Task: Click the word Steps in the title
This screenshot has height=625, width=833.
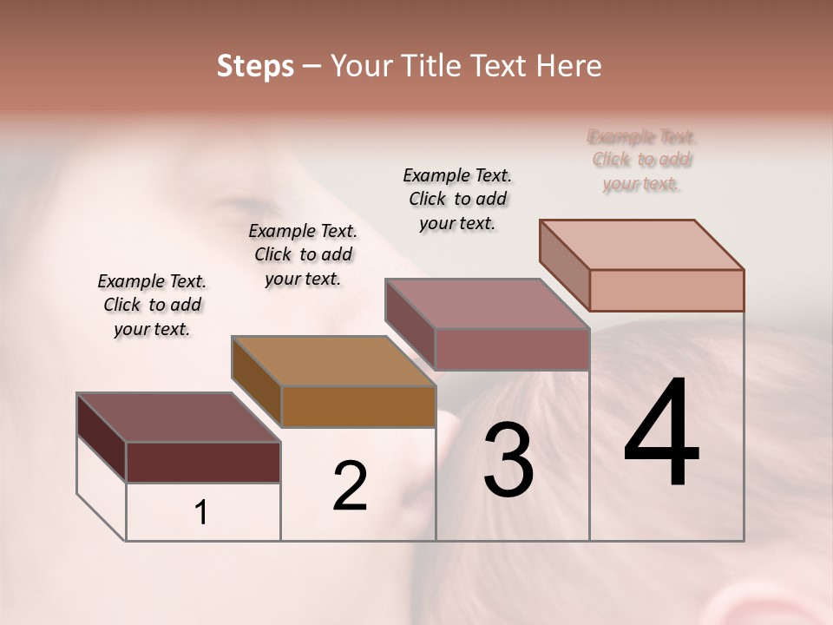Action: [255, 66]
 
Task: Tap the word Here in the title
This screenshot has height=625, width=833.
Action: [565, 66]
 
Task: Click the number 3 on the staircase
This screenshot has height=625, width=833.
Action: [508, 460]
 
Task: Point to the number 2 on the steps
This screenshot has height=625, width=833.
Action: [351, 486]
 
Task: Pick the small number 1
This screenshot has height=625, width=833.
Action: [201, 513]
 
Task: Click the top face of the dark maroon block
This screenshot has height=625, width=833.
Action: [178, 418]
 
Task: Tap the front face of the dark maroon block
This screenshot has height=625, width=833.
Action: [203, 462]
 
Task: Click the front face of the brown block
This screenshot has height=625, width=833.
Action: [358, 406]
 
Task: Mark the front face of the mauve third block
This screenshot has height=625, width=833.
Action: [512, 349]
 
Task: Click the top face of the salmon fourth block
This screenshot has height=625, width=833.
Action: [641, 245]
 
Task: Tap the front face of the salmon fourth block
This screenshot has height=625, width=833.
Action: [666, 290]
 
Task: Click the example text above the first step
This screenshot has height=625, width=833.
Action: [152, 305]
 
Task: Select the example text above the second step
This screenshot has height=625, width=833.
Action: [303, 254]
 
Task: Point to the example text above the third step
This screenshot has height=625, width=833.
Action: [457, 199]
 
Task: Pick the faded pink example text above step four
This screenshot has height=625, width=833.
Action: [642, 160]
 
